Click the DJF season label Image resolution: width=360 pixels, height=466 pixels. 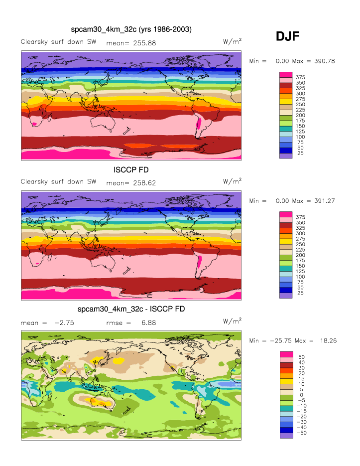point(287,36)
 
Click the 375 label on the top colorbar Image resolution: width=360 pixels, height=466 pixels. point(300,77)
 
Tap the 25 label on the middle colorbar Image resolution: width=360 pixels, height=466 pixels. point(300,293)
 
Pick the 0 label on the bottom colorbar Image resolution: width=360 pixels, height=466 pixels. point(300,394)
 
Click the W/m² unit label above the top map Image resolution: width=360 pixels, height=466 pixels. point(233,42)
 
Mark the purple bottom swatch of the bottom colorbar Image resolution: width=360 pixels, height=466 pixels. point(285,436)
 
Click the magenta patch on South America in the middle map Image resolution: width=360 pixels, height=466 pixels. point(200,263)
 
